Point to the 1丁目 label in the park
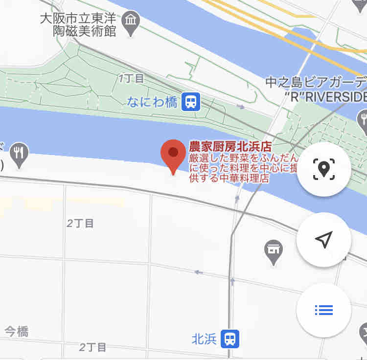pos(131,78)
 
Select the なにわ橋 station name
pos(152,101)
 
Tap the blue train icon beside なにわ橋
pos(191,102)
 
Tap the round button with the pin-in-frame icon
pos(323,169)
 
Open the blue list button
pos(323,310)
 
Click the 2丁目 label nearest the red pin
pos(80,224)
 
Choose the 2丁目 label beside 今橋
pos(93,347)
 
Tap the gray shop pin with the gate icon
pos(274,250)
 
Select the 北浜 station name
pos(204,338)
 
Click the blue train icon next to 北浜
pos(229,338)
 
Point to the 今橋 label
pos(17,332)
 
